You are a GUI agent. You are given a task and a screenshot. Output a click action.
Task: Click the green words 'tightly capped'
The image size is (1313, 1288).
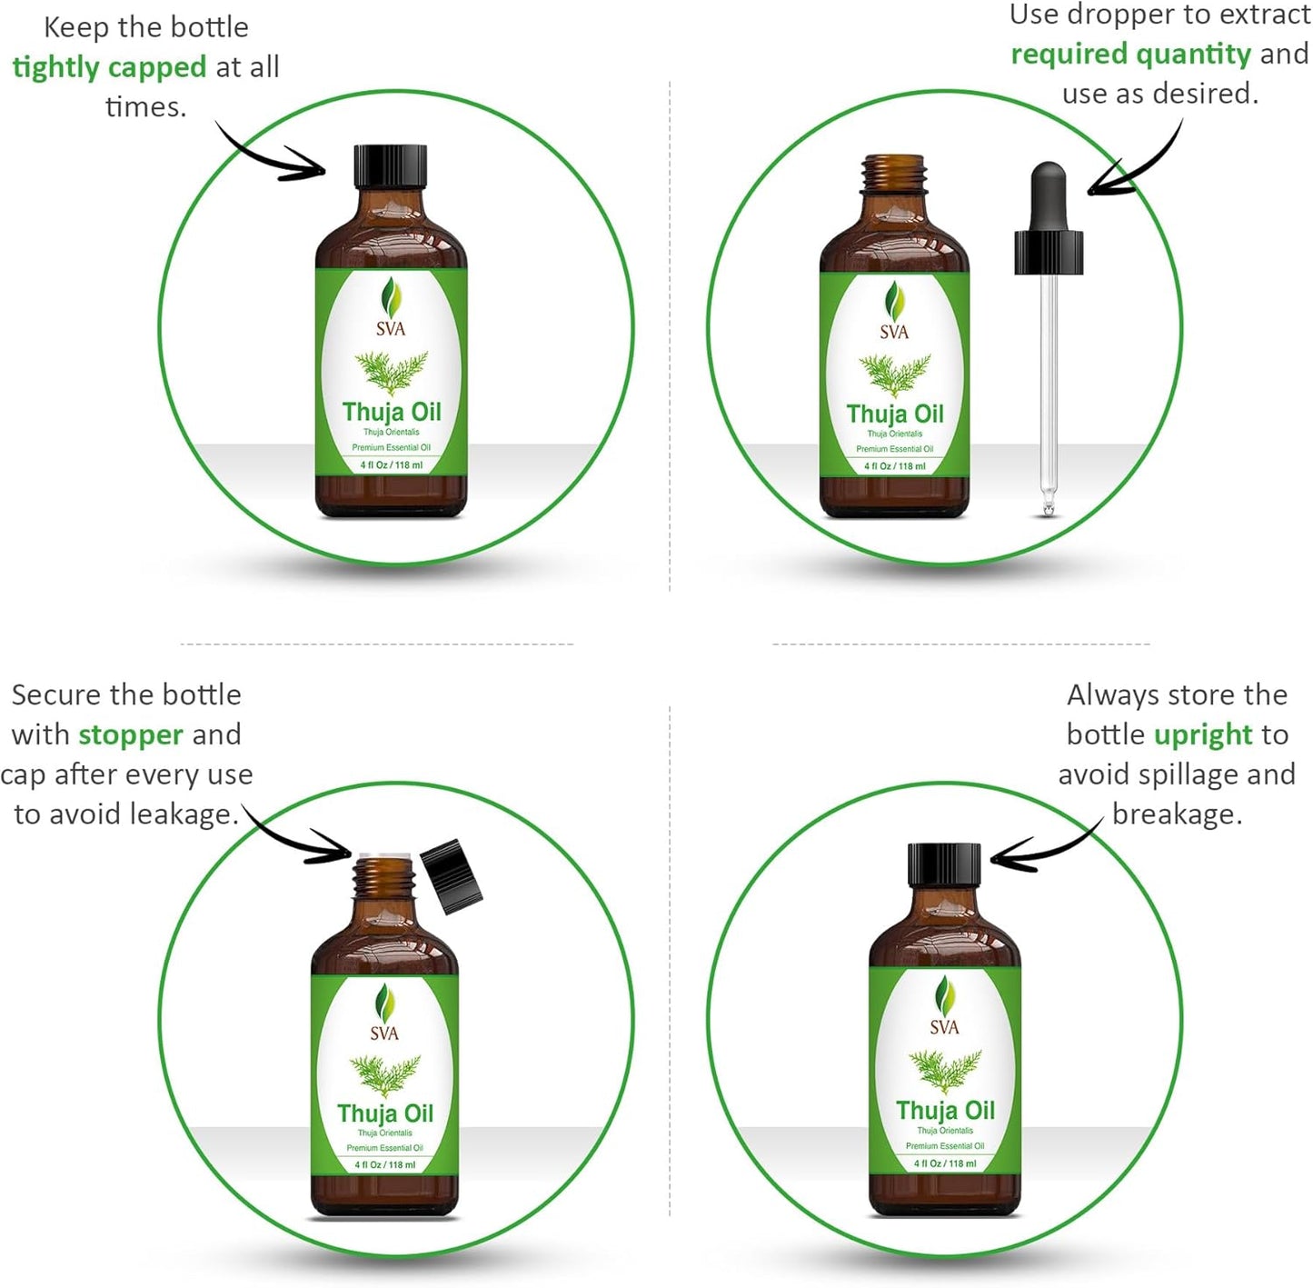tap(109, 68)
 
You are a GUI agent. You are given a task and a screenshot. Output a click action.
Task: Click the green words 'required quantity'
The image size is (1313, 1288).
tap(1130, 55)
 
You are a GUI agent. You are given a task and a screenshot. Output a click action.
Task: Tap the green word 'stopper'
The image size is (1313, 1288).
tap(131, 734)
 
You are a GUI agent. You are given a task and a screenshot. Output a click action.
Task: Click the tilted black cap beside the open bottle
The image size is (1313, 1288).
tap(452, 876)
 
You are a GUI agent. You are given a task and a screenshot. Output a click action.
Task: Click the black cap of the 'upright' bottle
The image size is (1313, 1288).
tap(945, 864)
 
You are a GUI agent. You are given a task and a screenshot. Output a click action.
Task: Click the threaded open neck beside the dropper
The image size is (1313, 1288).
tap(894, 174)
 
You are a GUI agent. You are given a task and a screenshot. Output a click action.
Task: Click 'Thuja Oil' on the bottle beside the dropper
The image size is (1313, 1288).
tap(895, 414)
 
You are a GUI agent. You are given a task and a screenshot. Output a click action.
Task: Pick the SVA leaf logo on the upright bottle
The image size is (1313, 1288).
tap(945, 995)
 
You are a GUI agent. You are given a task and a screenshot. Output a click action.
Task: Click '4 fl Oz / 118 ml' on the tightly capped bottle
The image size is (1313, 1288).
tap(392, 465)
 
